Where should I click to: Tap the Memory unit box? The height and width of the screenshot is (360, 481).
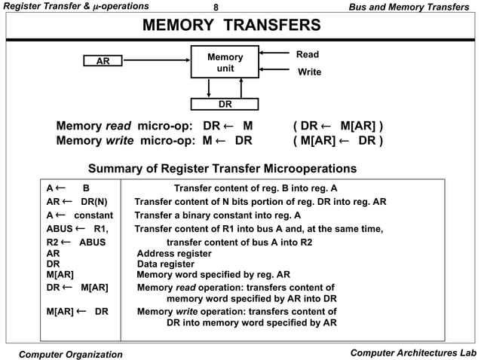pyautogui.click(x=225, y=63)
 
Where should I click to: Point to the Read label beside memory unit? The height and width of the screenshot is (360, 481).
pyautogui.click(x=308, y=54)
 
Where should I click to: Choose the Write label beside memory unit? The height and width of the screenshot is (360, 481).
pyautogui.click(x=309, y=72)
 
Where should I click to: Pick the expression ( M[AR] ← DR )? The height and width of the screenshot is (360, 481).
pyautogui.click(x=338, y=141)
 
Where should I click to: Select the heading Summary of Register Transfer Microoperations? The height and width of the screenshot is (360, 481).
pyautogui.click(x=222, y=168)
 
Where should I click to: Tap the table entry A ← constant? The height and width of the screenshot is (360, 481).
pyautogui.click(x=78, y=215)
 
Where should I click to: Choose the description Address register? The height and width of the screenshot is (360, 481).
pyautogui.click(x=173, y=255)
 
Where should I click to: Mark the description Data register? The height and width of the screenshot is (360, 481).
pyautogui.click(x=167, y=264)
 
